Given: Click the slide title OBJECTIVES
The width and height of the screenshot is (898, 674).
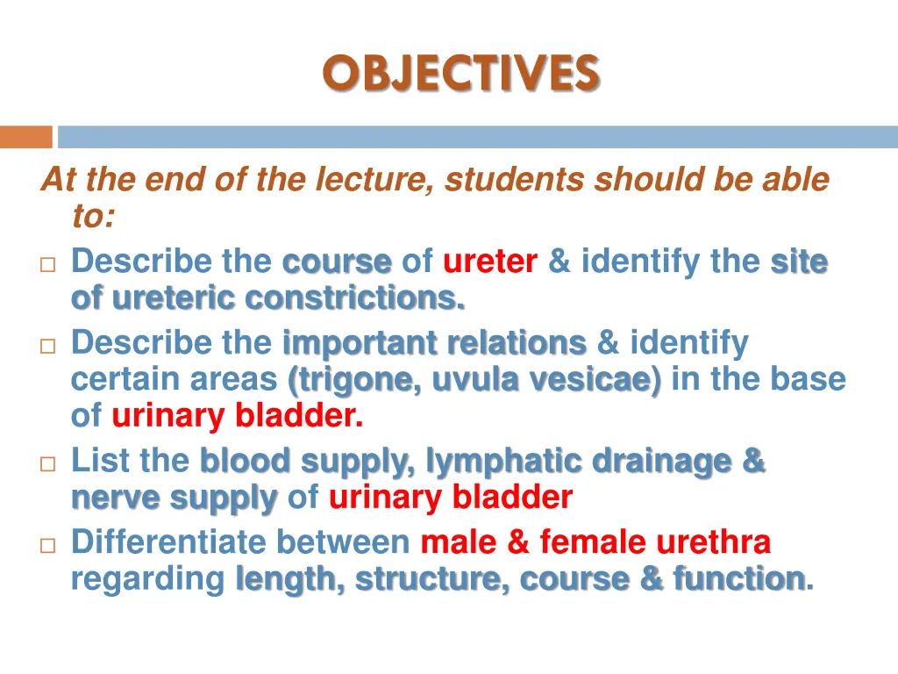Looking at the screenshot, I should tap(460, 73).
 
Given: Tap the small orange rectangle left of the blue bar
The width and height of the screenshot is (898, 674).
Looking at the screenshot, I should tap(25, 137).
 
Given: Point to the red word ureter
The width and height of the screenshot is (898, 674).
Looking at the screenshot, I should tap(489, 262).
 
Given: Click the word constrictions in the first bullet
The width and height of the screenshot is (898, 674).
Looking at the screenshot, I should tap(355, 298).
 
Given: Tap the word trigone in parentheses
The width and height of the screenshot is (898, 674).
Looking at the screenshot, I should tap(353, 380).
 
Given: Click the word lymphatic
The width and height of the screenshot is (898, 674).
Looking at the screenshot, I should tap(503, 461).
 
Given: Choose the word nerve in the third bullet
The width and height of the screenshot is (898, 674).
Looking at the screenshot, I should tap(115, 498).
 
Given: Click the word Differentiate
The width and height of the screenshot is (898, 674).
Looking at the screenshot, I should tap(168, 542).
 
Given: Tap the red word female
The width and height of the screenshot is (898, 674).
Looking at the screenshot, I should tap(593, 542).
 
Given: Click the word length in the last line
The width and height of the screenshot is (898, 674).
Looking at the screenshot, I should tap(289, 579).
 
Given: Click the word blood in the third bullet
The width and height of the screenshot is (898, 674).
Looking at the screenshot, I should tap(245, 461).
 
